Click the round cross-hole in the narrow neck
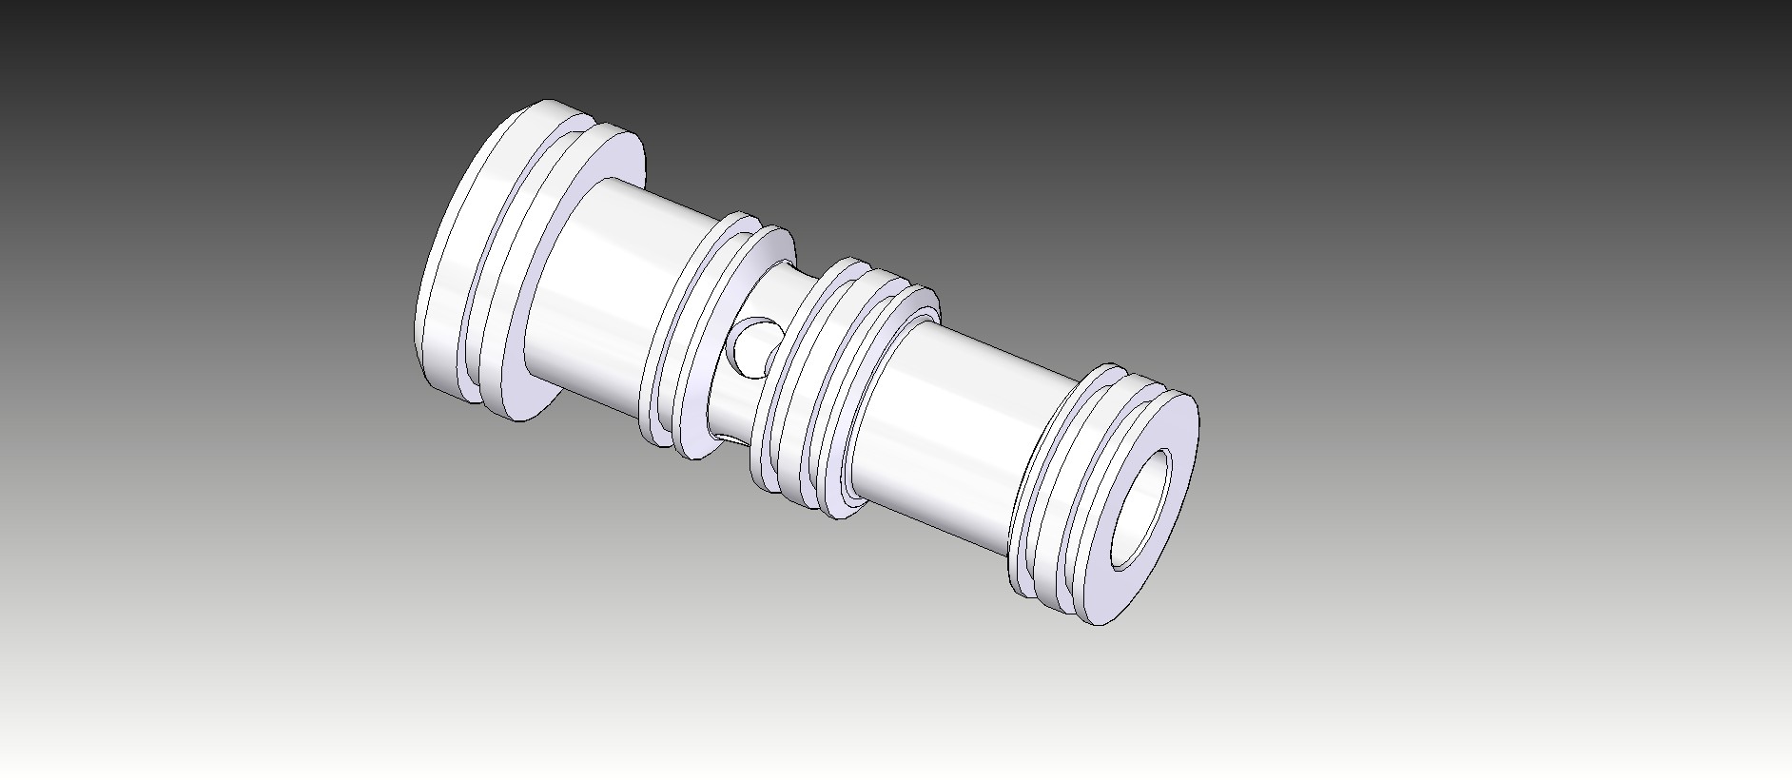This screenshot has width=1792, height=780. coord(753,346)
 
